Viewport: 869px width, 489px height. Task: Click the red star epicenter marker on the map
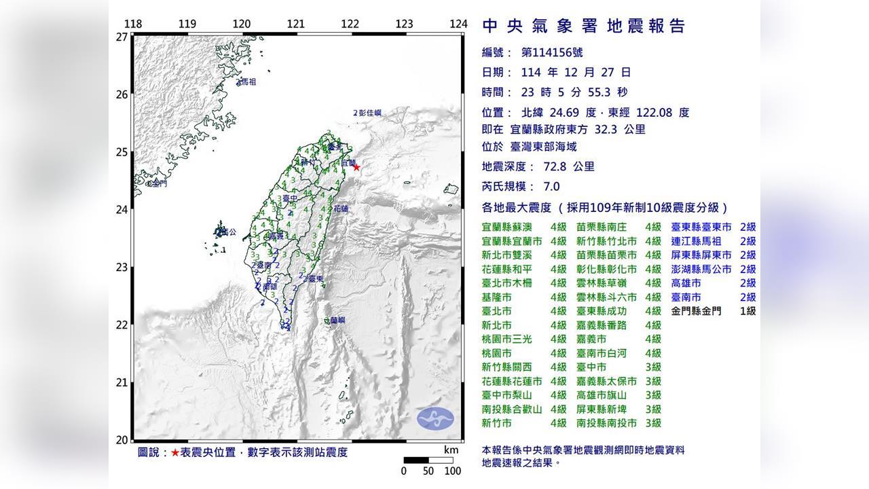[356, 167]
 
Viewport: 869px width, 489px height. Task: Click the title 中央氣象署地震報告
[584, 26]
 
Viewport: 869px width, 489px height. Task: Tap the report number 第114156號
[551, 52]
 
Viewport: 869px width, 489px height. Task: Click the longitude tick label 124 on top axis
[459, 24]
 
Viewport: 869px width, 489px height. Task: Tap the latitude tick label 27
[122, 37]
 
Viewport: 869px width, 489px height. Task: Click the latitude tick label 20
[122, 439]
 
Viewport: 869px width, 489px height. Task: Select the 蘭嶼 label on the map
[335, 320]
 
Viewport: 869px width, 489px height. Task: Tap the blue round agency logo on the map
[434, 418]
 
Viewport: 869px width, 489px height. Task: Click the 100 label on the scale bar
[452, 471]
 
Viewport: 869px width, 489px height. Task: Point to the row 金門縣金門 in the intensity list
[697, 311]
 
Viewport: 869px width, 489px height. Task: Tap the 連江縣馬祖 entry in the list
[697, 241]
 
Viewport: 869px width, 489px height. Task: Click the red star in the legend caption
[175, 452]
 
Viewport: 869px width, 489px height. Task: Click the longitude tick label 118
[134, 24]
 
